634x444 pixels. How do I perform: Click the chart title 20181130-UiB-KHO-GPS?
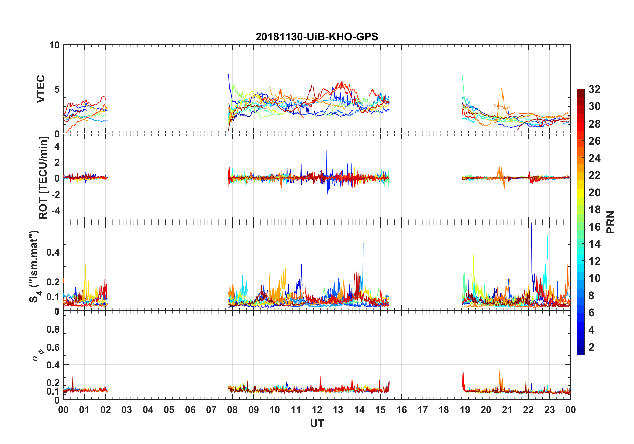(x=317, y=37)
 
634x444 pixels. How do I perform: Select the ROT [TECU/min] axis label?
(x=43, y=178)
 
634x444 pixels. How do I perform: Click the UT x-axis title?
(x=317, y=424)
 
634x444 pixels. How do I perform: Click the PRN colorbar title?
(x=610, y=222)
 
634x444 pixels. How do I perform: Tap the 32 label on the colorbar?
(x=594, y=89)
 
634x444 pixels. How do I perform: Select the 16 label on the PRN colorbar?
(x=594, y=227)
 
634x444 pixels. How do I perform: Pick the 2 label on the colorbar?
(x=591, y=347)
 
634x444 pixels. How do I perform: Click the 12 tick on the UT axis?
(x=317, y=410)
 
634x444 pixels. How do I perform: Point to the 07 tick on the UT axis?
(x=211, y=410)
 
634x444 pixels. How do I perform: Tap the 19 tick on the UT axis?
(x=465, y=410)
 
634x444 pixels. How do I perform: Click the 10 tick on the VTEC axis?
(x=54, y=45)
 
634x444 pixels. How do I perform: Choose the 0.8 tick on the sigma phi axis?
(x=53, y=329)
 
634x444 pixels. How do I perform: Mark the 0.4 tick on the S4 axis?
(x=53, y=252)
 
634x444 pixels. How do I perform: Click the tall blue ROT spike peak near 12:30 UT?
(x=327, y=150)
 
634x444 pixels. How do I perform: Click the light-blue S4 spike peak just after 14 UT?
(x=363, y=244)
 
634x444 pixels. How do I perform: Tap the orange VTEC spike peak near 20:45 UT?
(x=502, y=89)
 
